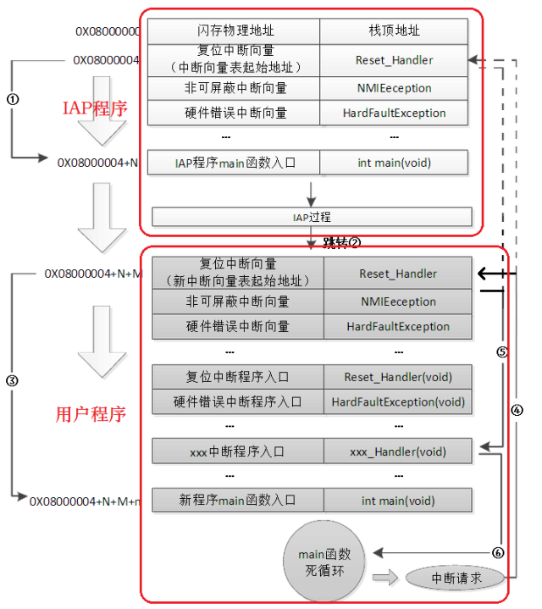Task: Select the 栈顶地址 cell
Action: pyautogui.click(x=394, y=31)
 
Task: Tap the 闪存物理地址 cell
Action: pyautogui.click(x=234, y=31)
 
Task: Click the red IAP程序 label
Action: pyautogui.click(x=95, y=108)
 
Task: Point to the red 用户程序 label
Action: pyautogui.click(x=91, y=414)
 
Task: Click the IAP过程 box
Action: pyautogui.click(x=312, y=217)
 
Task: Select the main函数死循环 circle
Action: pyautogui.click(x=324, y=562)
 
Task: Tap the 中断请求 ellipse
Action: pyautogui.click(x=455, y=579)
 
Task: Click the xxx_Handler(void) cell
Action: pyautogui.click(x=398, y=451)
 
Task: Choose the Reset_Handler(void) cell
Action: pyautogui.click(x=398, y=377)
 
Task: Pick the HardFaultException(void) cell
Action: pyautogui.click(x=398, y=401)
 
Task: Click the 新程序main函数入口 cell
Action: pyautogui.click(x=237, y=500)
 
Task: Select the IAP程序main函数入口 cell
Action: pyautogui.click(x=235, y=162)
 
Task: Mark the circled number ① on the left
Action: pyautogui.click(x=12, y=98)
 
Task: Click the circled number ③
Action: pyautogui.click(x=12, y=381)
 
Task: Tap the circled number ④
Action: pyautogui.click(x=517, y=410)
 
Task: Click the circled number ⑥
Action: pyautogui.click(x=498, y=552)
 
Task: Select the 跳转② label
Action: pyautogui.click(x=341, y=242)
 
